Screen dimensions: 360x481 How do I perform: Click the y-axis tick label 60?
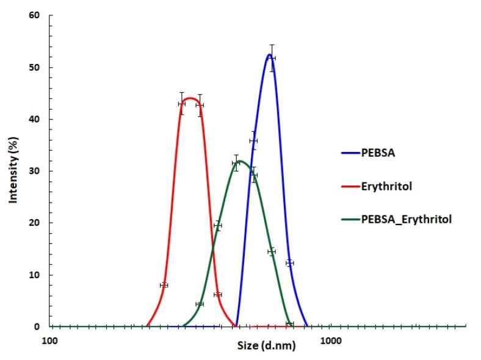35,15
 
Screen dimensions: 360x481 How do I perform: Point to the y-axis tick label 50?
35,67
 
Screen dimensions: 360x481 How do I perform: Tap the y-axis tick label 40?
35,119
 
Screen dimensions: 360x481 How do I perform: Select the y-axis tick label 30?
35,171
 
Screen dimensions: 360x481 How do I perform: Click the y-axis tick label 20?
35,223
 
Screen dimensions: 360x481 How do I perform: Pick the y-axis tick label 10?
35,275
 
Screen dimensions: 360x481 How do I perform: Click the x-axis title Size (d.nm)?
266,346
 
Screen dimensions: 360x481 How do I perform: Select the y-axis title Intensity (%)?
12,170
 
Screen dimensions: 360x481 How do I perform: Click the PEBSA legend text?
379,153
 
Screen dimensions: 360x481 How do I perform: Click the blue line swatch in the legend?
350,153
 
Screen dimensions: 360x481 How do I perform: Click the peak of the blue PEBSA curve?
269,54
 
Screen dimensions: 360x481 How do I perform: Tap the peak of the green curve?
240,161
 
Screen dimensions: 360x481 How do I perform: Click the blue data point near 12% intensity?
290,263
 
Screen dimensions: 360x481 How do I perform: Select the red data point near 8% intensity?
164,285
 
